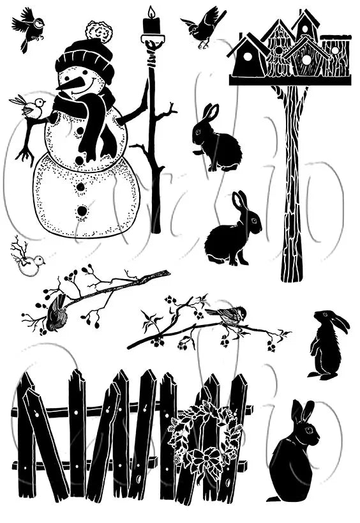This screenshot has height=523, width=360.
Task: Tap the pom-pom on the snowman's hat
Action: tap(99, 30)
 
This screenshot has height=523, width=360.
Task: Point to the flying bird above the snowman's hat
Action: tap(29, 27)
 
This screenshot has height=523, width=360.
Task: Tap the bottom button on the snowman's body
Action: tap(82, 210)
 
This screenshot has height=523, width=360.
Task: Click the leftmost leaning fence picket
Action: tap(26, 441)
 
